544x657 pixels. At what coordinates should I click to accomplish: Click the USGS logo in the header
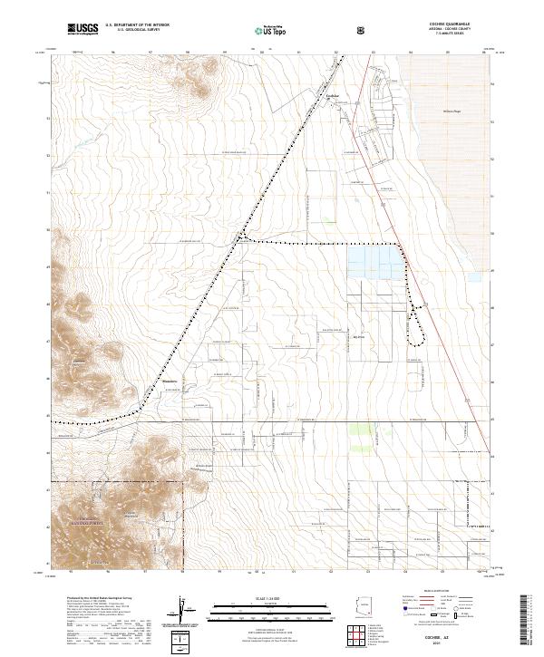83,30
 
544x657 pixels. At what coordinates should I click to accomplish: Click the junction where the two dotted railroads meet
241,239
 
